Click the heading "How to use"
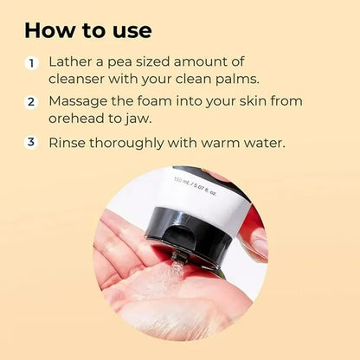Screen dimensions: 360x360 [x=88, y=30]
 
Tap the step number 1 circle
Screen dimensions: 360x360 [x=33, y=63]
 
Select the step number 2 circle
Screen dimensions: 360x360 [x=33, y=102]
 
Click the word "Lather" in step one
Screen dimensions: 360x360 [x=74, y=63]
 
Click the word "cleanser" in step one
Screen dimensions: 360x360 [x=87, y=80]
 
